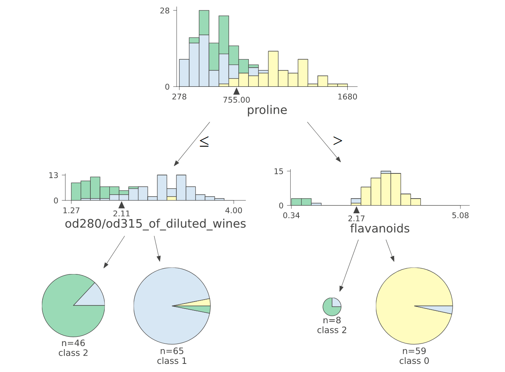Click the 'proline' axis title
[x=267, y=110]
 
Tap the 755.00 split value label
[x=236, y=100]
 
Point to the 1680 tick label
[x=347, y=97]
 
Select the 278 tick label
[x=179, y=97]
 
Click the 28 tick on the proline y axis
[x=165, y=10]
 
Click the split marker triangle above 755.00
[x=236, y=91]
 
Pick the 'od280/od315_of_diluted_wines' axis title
[x=155, y=224]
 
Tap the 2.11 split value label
[x=121, y=214]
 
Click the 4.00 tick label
[x=234, y=211]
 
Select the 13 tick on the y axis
[x=53, y=175]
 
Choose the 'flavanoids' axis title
[x=380, y=229]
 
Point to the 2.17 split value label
[x=356, y=218]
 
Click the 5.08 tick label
[x=460, y=215]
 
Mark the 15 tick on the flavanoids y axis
[x=279, y=171]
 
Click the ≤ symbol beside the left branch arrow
[x=204, y=142]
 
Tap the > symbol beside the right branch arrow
[x=338, y=141]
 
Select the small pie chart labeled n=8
[x=332, y=307]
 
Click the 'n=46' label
[x=73, y=343]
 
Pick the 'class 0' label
[x=414, y=361]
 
